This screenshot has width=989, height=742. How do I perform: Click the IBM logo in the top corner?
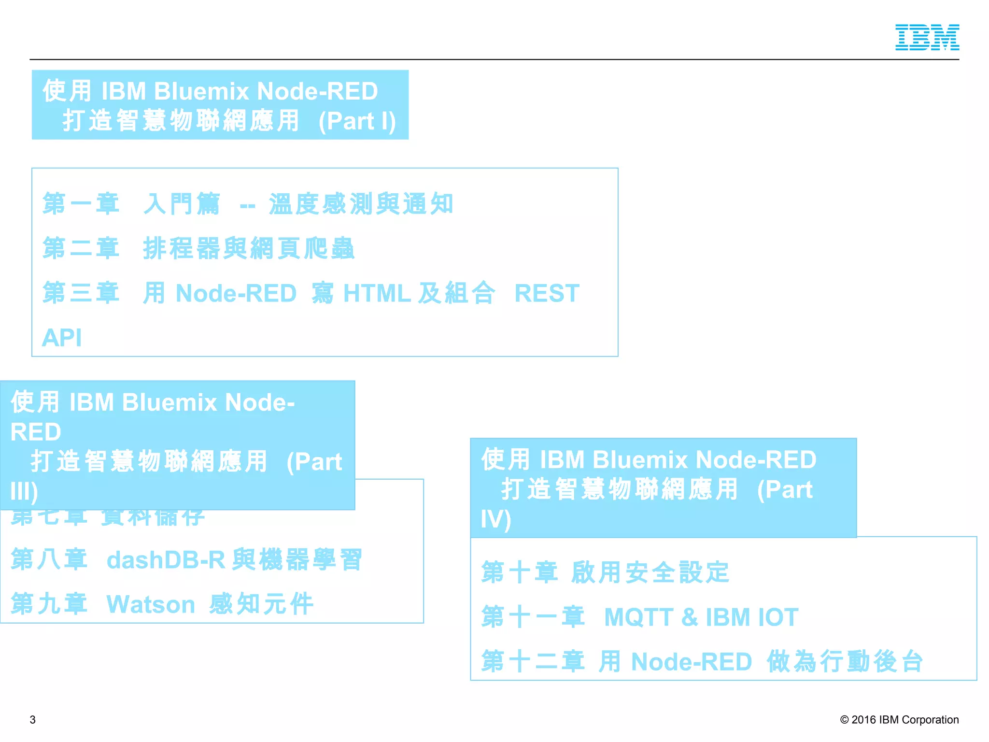[927, 37]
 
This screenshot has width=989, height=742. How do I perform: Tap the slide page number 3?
[32, 719]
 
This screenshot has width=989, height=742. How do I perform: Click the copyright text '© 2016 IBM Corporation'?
[899, 719]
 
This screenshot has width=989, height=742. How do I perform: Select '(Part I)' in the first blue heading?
[357, 121]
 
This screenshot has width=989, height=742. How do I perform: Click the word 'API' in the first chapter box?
[62, 337]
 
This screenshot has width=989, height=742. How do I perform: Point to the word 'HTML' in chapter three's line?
[377, 293]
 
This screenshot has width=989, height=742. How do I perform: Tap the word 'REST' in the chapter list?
[547, 293]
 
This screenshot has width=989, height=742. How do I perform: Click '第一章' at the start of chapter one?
[81, 203]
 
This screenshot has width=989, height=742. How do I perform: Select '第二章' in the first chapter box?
[81, 248]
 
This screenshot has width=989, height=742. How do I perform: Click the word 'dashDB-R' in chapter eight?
[166, 560]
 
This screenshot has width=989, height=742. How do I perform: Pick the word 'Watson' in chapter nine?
[150, 604]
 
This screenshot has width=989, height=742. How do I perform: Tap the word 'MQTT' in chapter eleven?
[638, 617]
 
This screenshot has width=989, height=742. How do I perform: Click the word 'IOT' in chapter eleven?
[778, 617]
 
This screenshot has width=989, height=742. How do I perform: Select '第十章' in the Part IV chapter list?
[519, 572]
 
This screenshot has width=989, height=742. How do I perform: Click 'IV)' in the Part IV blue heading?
[495, 519]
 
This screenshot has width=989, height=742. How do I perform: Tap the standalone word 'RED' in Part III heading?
[36, 432]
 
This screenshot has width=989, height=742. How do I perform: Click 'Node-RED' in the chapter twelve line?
[692, 662]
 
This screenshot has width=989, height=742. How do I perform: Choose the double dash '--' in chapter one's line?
[248, 205]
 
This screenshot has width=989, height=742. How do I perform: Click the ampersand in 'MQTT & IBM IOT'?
[690, 617]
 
